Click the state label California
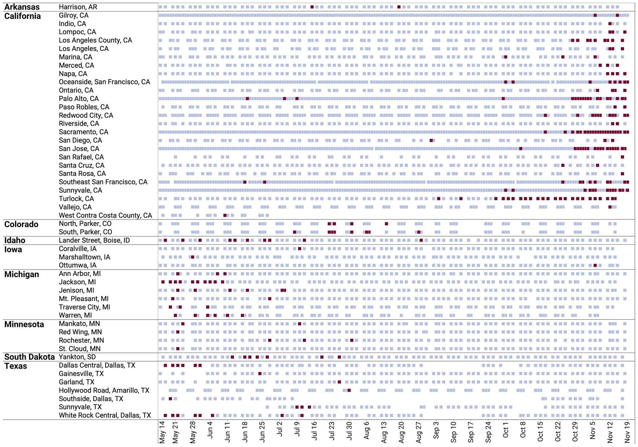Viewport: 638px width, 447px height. pos(22,16)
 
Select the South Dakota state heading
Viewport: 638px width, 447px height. pos(29,357)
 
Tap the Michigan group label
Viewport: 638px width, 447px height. pos(21,274)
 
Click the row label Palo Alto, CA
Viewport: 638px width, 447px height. pos(78,99)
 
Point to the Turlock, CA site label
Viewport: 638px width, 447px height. pos(76,199)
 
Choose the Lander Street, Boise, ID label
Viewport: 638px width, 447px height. pos(94,240)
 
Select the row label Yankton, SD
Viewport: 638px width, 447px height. pos(77,357)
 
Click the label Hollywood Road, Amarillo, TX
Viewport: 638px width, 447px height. pos(104,390)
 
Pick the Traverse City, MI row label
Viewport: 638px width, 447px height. pos(84,307)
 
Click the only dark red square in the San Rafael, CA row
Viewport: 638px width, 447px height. pos(622,157)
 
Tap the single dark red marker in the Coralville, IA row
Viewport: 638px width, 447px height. pos(300,249)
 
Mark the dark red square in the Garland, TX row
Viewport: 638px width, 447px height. pos(339,382)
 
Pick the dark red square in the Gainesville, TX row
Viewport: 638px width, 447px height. pos(260,374)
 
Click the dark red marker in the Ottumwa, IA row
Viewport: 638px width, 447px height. pos(595,265)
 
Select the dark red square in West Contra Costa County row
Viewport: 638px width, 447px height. pos(225,215)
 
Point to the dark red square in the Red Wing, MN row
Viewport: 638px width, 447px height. pos(178,332)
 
